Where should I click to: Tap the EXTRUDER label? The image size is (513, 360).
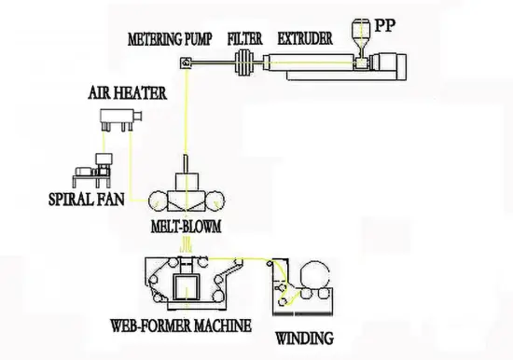(304, 40)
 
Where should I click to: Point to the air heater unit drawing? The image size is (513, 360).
(118, 119)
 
